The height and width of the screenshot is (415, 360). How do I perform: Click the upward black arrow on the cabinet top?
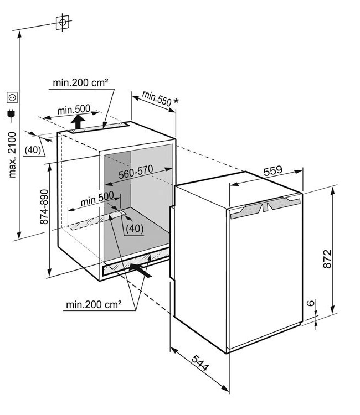click(79, 120)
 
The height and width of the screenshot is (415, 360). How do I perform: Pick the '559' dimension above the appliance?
click(272, 172)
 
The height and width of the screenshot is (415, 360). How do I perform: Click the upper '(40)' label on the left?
click(33, 149)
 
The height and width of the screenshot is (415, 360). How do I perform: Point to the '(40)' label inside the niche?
click(135, 227)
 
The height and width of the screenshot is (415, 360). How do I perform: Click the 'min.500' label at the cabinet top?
click(73, 109)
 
